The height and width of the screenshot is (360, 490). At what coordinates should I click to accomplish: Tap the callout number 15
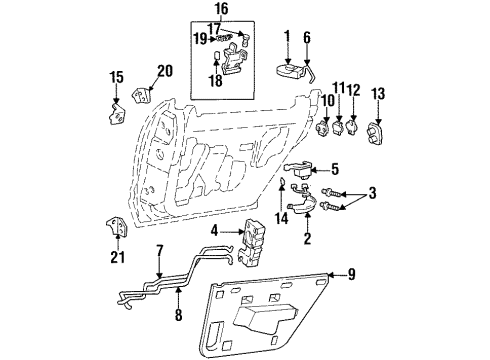coord(115,77)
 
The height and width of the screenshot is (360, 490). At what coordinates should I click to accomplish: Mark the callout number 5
coord(335,169)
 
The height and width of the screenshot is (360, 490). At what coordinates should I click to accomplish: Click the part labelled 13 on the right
coord(378,132)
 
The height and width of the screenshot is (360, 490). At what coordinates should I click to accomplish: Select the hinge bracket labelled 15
coord(115,107)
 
